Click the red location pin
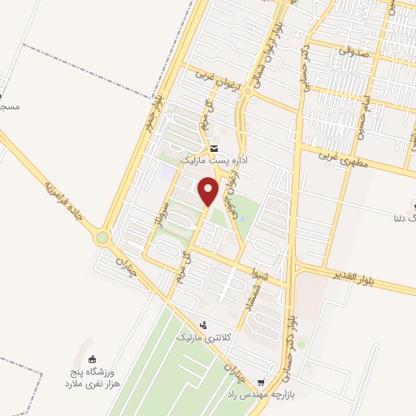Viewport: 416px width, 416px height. click(x=209, y=190)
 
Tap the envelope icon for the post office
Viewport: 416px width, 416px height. click(x=214, y=149)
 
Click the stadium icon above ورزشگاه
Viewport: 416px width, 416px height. click(x=92, y=359)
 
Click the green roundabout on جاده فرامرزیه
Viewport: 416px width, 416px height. click(x=102, y=237)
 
